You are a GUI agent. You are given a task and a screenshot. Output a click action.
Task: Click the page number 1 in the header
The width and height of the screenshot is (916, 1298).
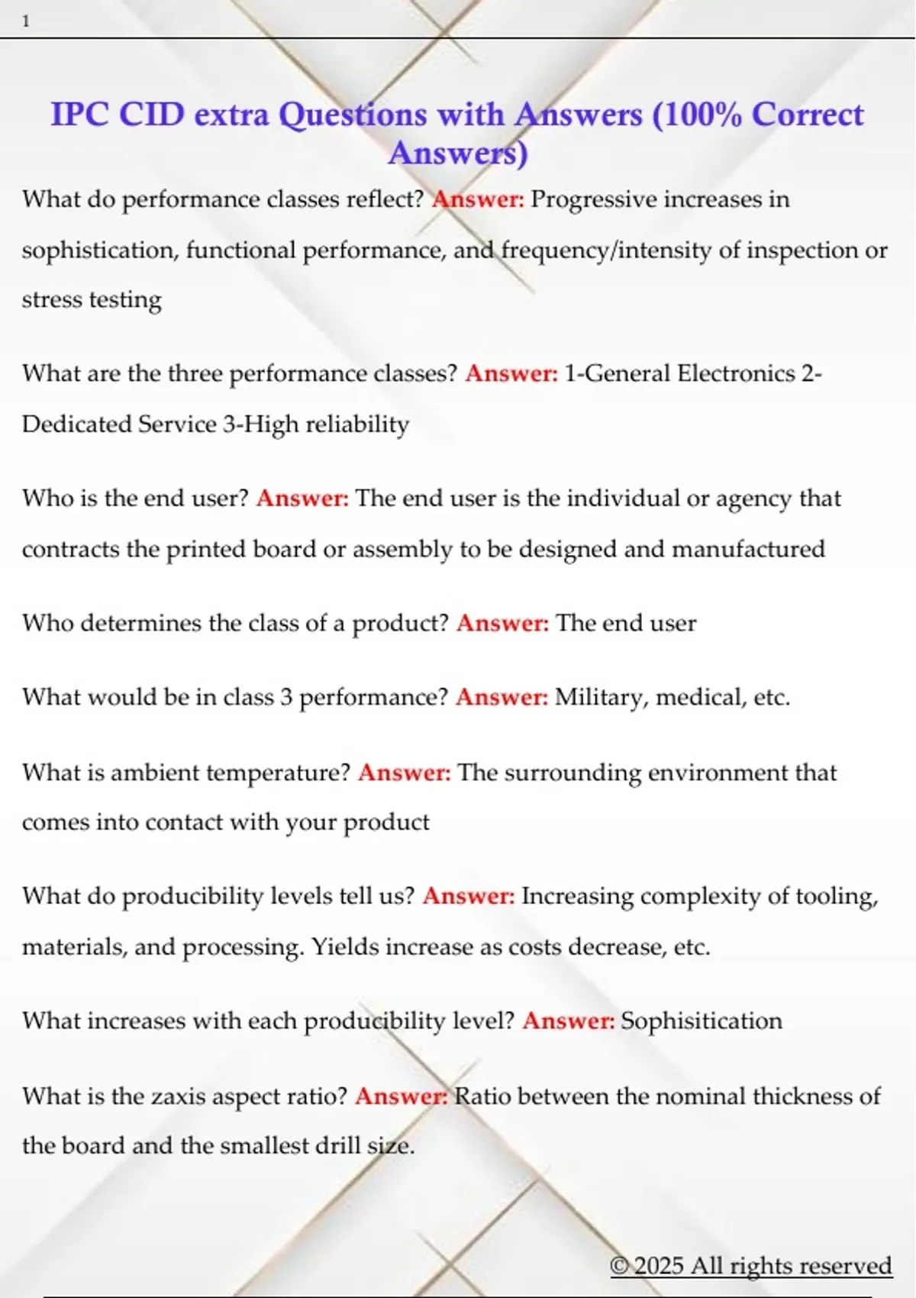(26, 21)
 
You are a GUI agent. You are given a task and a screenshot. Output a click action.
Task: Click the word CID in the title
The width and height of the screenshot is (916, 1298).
(152, 115)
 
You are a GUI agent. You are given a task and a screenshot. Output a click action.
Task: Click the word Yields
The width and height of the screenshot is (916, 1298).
(345, 947)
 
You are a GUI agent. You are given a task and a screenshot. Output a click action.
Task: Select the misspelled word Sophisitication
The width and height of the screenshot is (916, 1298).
(702, 1021)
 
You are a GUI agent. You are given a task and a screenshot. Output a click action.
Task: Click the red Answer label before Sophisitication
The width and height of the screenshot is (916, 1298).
(568, 1021)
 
